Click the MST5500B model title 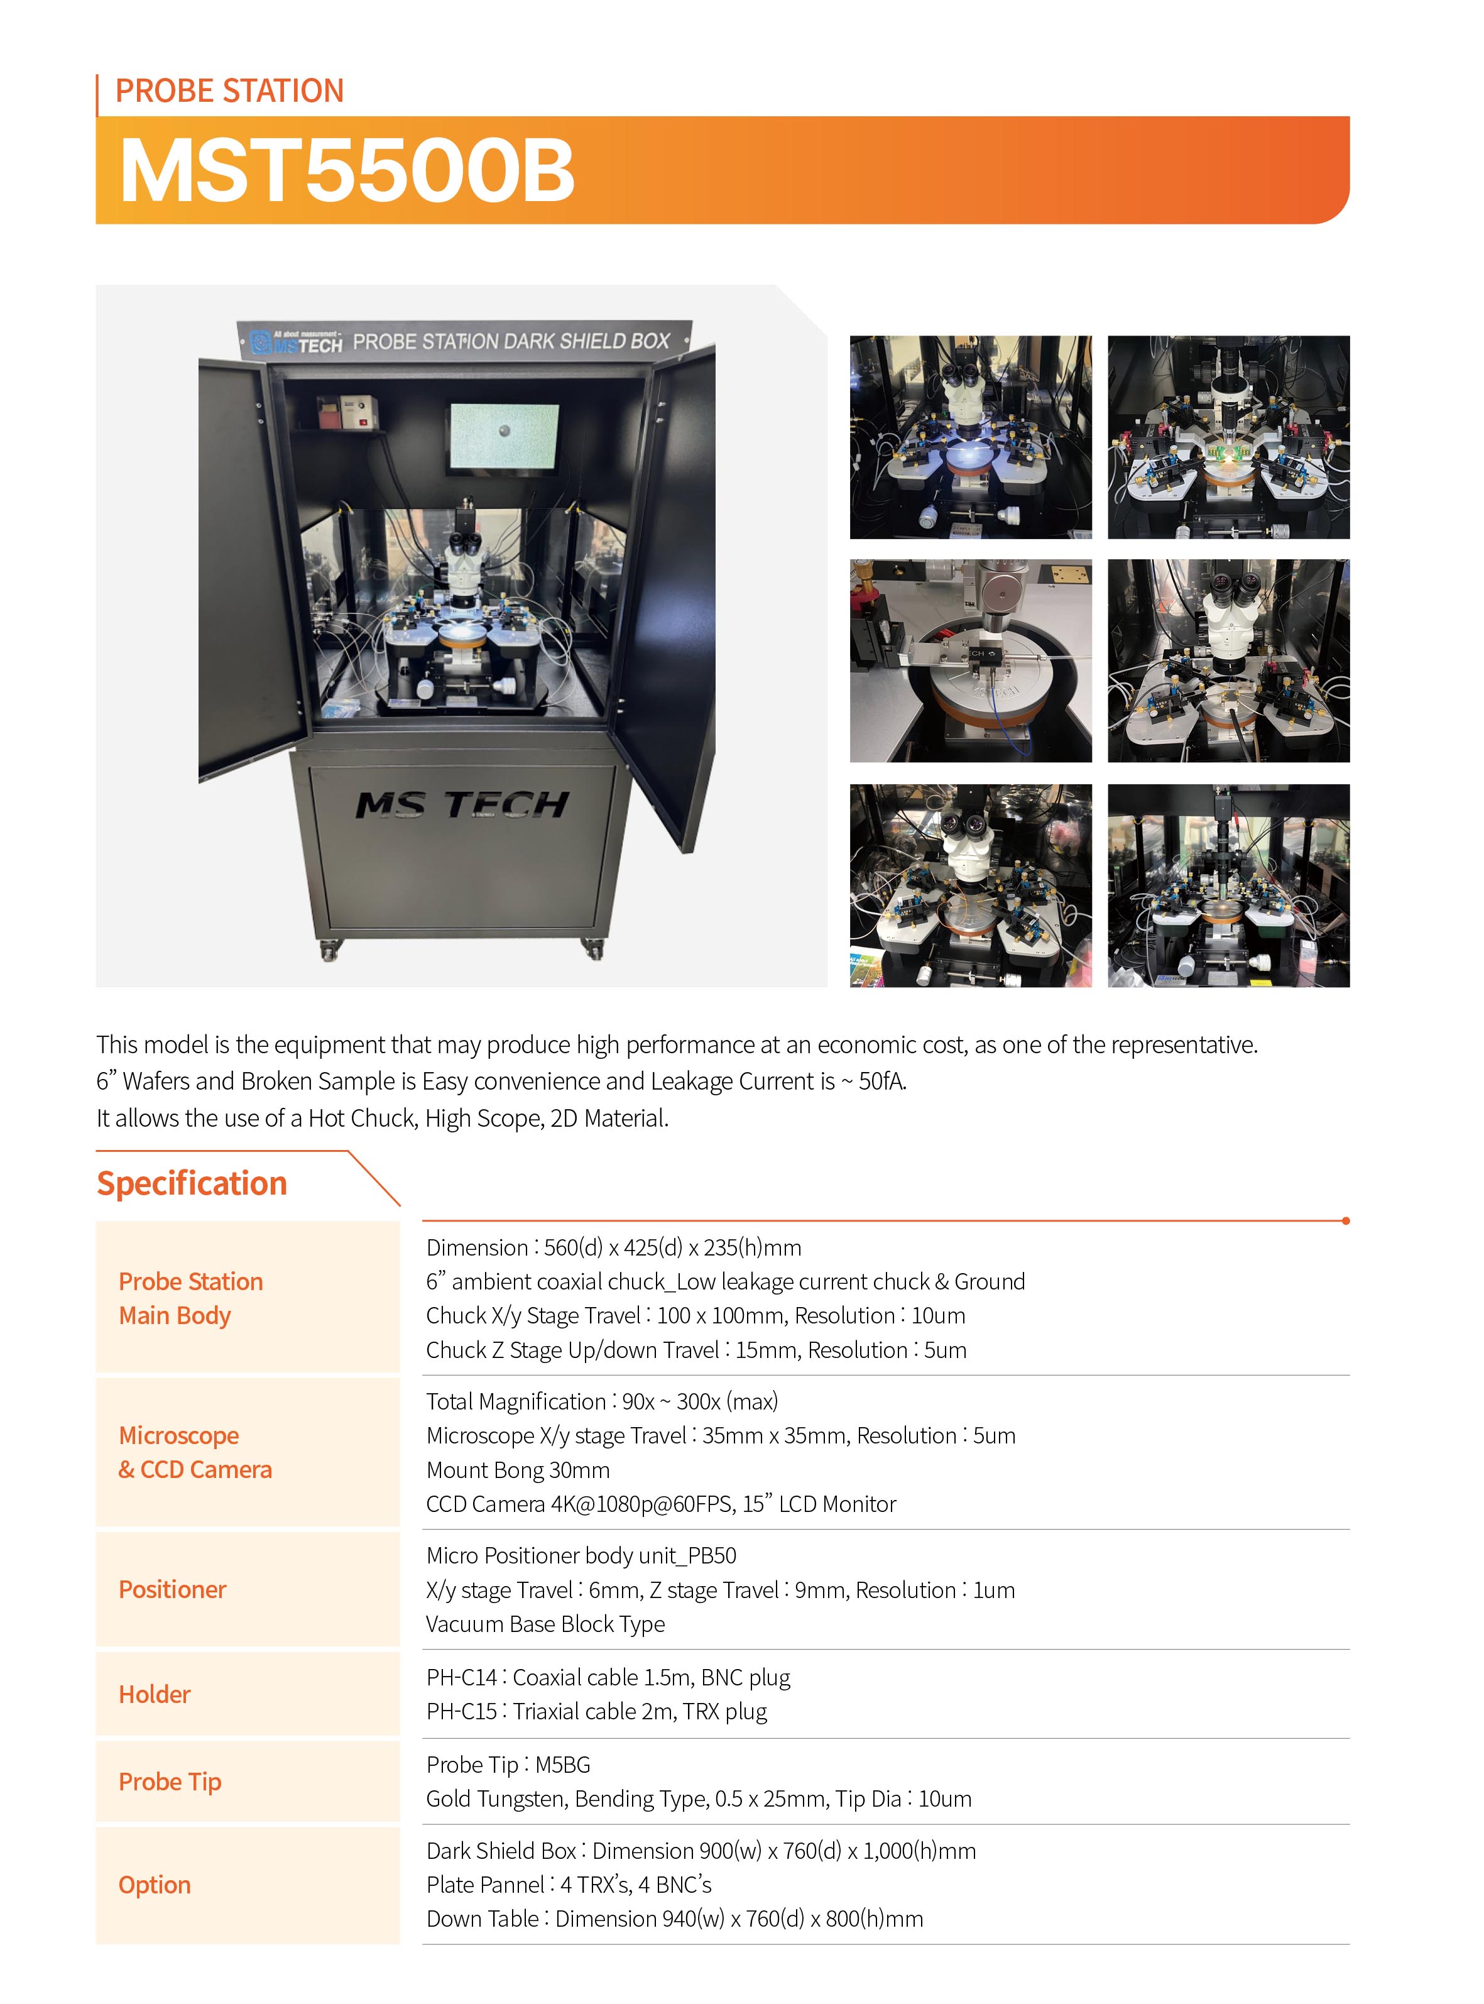pos(347,171)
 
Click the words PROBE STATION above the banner pos(229,90)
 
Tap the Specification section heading pos(192,1183)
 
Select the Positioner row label pos(173,1589)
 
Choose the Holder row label pos(155,1694)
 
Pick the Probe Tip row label pos(170,1782)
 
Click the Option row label pos(155,1885)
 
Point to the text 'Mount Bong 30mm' pos(518,1470)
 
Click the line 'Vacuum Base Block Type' pos(545,1624)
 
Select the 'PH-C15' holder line pos(596,1711)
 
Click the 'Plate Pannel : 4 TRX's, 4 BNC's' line pos(569,1885)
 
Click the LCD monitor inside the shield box pos(504,437)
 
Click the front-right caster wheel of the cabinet pos(593,948)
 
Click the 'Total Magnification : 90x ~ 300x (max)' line pos(602,1401)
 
